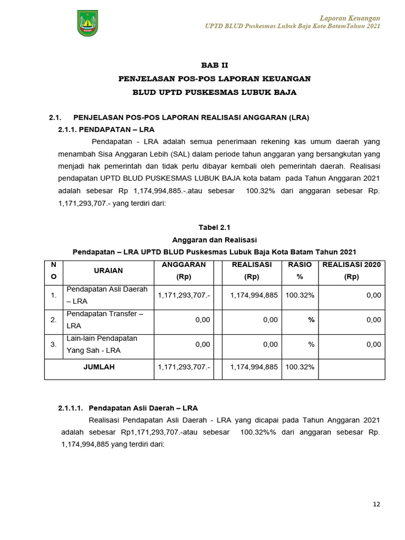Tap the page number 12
pos(377,504)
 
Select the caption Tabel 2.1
pos(214,227)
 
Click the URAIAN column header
pos(108,271)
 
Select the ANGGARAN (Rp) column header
pos(184,271)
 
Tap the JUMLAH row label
pos(99,367)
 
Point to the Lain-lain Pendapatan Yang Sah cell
pos(101,344)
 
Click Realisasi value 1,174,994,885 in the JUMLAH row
pos(254,367)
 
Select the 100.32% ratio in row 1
pos(300,295)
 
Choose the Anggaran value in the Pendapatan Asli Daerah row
pos(184,295)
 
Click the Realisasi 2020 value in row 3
pos(373,344)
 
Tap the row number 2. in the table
pos(53,320)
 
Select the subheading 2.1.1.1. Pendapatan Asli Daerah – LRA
pos(128,408)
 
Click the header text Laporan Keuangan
pos(350,18)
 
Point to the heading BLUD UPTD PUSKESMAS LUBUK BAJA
pos(214,92)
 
